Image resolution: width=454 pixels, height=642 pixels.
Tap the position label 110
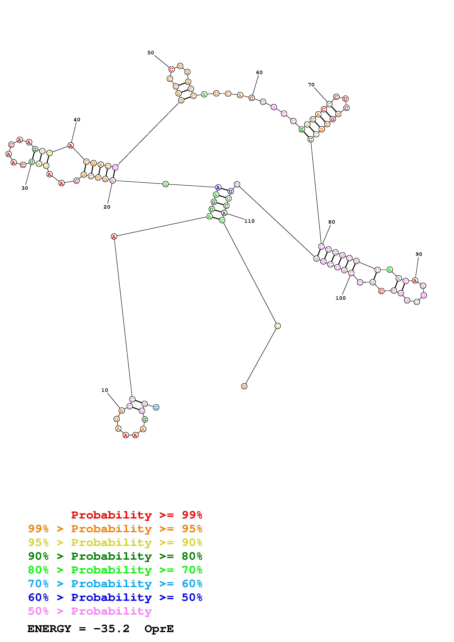249,221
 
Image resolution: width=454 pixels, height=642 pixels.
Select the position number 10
105,390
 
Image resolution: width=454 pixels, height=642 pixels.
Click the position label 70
311,85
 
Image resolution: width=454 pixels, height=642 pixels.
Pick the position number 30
25,188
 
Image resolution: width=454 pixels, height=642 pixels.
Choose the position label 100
340,298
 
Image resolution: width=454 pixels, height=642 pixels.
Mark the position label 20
107,207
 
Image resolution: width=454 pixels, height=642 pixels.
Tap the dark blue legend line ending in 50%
115,598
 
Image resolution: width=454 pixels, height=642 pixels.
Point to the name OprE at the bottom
159,629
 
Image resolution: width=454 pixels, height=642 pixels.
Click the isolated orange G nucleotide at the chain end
244,387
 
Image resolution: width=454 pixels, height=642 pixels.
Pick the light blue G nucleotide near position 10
156,408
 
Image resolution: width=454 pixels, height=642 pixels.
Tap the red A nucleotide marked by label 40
71,145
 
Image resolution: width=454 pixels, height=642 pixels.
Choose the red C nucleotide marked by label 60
252,98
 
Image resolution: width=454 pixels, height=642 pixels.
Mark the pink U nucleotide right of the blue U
237,184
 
